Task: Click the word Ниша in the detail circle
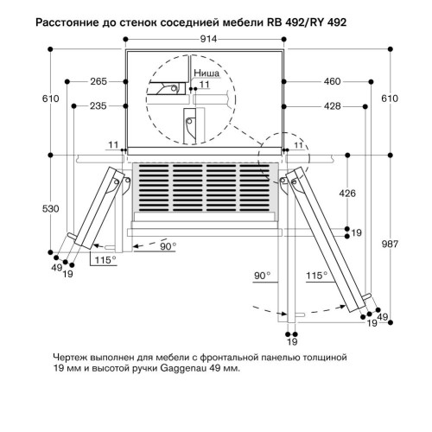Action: tap(206, 75)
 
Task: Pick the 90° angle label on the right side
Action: tap(264, 276)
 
